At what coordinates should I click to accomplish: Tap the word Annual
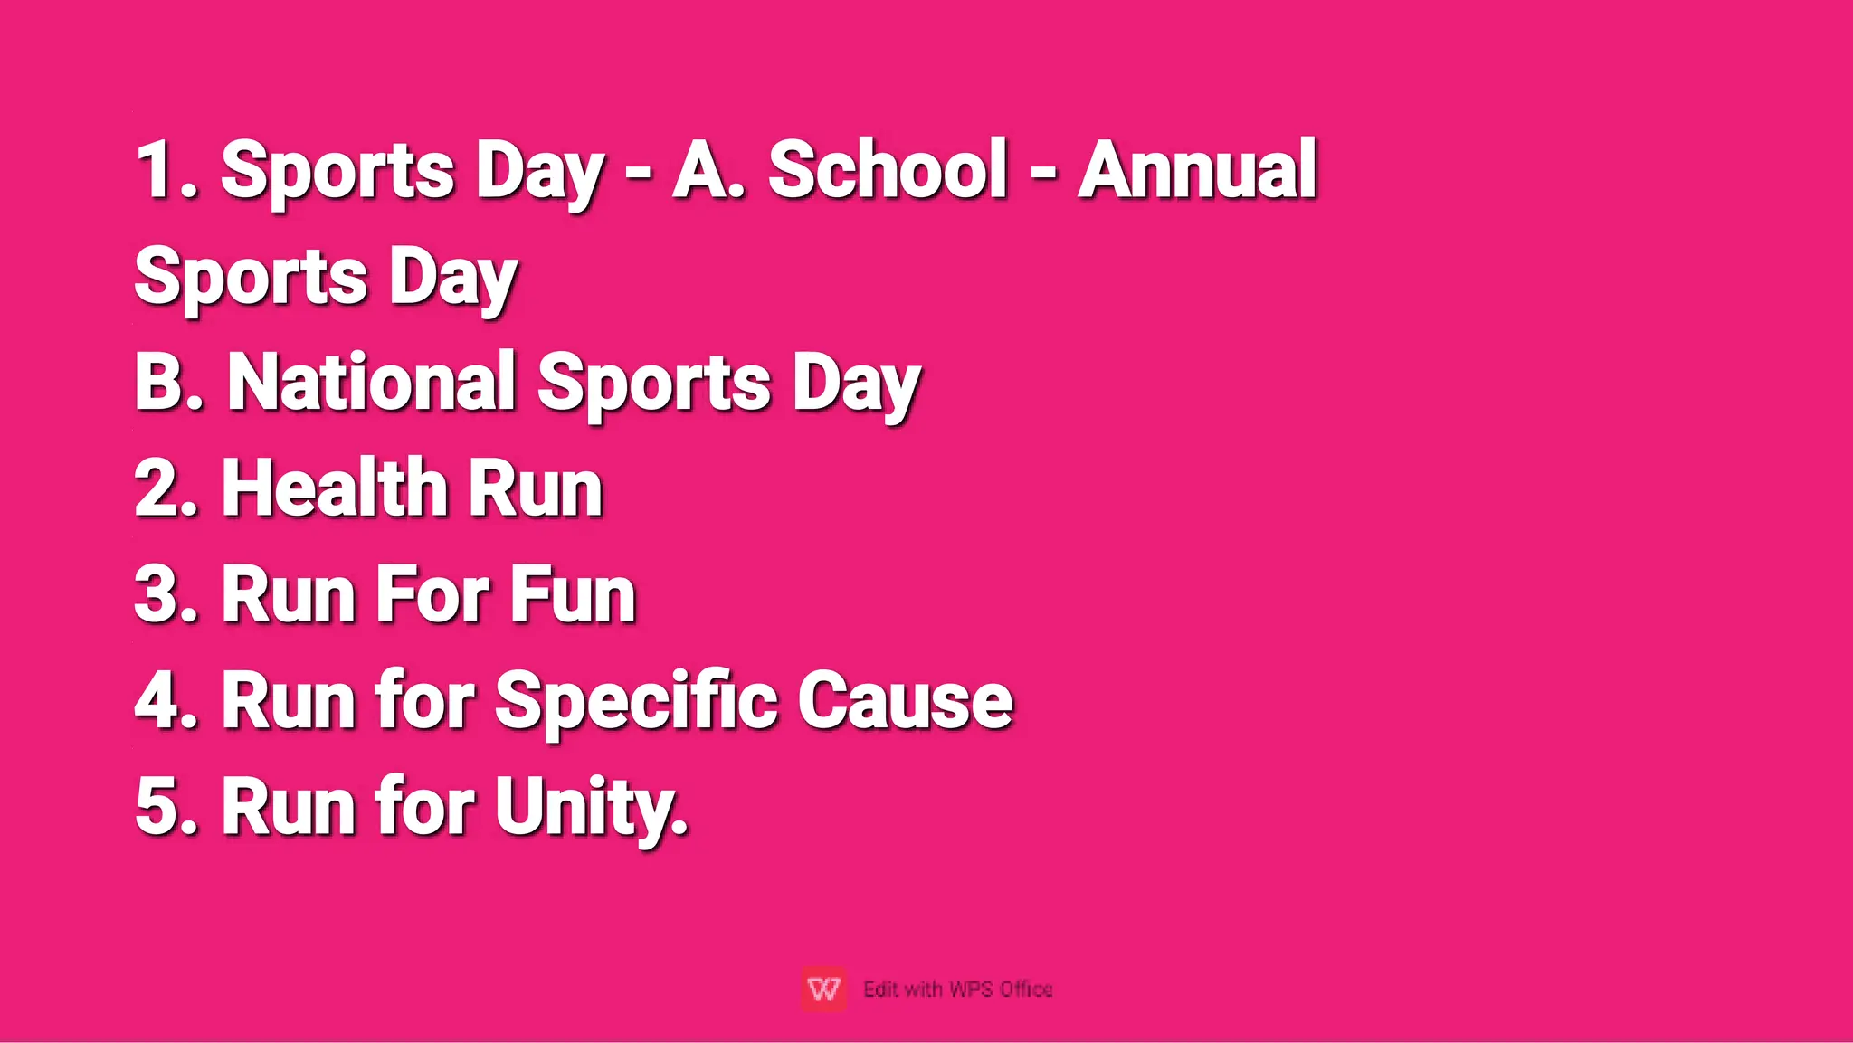click(1197, 169)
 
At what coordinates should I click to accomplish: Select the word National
click(371, 382)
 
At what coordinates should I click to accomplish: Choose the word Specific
click(635, 701)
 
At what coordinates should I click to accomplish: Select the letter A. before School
click(708, 169)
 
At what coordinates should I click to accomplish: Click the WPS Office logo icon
click(823, 989)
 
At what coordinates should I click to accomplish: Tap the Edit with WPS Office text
click(958, 990)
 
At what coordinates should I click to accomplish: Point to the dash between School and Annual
click(1043, 169)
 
